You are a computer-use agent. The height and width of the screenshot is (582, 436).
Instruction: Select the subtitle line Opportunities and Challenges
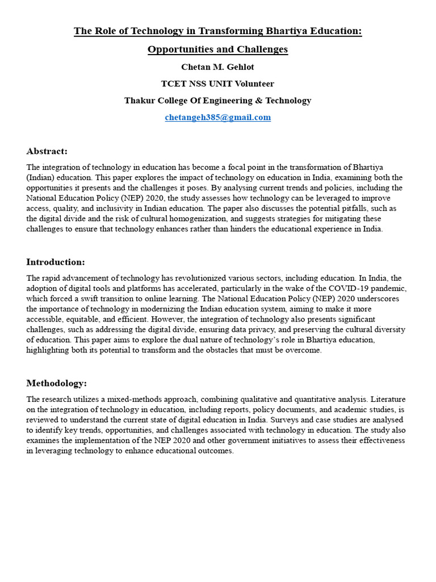click(217, 49)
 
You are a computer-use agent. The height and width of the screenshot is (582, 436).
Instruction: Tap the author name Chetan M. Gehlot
click(217, 67)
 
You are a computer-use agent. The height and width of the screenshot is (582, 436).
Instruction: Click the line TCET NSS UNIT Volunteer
click(217, 84)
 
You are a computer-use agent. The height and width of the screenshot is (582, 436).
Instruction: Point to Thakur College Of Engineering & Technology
click(217, 101)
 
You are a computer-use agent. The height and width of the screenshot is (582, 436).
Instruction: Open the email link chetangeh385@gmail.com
click(217, 118)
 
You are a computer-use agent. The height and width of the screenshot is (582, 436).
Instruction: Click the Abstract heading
click(47, 151)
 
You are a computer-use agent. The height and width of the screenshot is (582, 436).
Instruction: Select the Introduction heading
click(56, 262)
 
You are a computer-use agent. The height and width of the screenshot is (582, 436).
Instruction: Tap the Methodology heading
click(57, 384)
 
